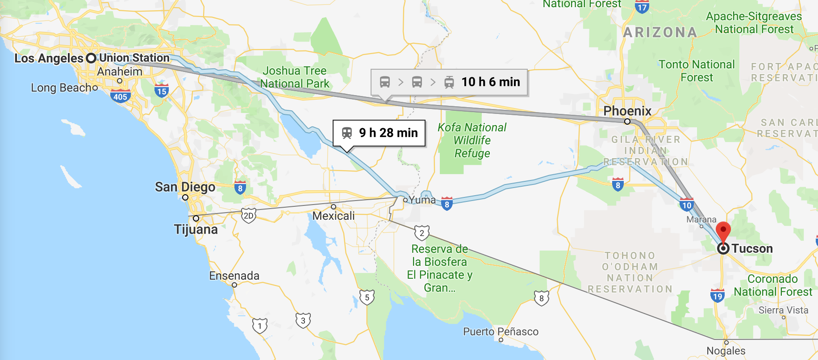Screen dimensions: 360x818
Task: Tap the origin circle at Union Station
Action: [x=91, y=58]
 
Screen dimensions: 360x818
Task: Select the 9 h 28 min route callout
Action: [x=379, y=133]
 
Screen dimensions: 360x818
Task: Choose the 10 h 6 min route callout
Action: [x=449, y=82]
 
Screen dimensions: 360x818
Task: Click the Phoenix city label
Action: [x=627, y=111]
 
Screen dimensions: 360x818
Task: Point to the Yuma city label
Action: [x=422, y=200]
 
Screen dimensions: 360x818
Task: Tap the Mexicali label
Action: [x=334, y=216]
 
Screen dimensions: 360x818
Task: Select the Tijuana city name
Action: [x=196, y=230]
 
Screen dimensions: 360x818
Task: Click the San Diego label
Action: [x=185, y=187]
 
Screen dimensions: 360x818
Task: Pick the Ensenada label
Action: [x=234, y=276]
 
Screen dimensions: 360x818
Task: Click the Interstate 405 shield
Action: [x=120, y=96]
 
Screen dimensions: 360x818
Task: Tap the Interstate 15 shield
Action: [x=162, y=91]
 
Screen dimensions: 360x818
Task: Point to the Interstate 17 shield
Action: [x=642, y=7]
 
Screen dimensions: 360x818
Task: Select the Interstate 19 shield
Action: [x=717, y=296]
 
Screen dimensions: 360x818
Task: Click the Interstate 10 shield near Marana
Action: [x=686, y=205]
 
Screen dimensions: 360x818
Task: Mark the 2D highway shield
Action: [x=248, y=216]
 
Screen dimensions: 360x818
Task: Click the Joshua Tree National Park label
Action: [x=294, y=77]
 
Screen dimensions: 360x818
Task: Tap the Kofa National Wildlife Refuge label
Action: [x=472, y=140]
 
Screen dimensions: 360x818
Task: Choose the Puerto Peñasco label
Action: [x=501, y=331]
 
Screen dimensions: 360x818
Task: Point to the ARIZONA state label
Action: [x=660, y=32]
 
